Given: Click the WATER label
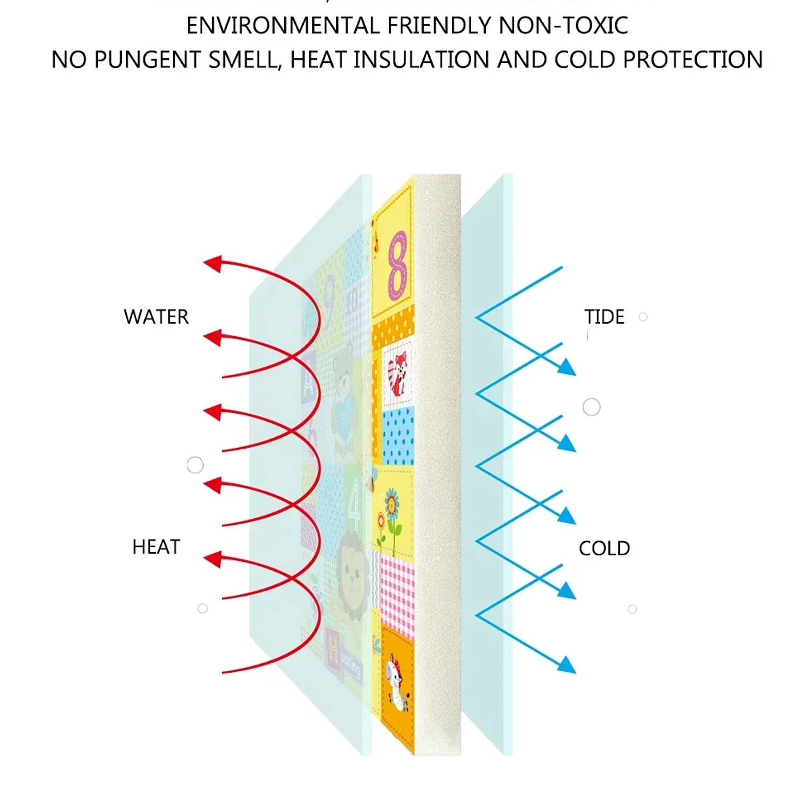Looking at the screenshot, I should (156, 317).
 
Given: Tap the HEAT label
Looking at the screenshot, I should (156, 547).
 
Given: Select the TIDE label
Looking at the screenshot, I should (604, 317).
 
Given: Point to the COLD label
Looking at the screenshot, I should (604, 548).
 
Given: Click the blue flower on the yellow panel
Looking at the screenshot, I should (391, 503).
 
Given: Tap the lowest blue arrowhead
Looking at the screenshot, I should (567, 665).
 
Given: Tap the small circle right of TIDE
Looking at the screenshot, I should (643, 316).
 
